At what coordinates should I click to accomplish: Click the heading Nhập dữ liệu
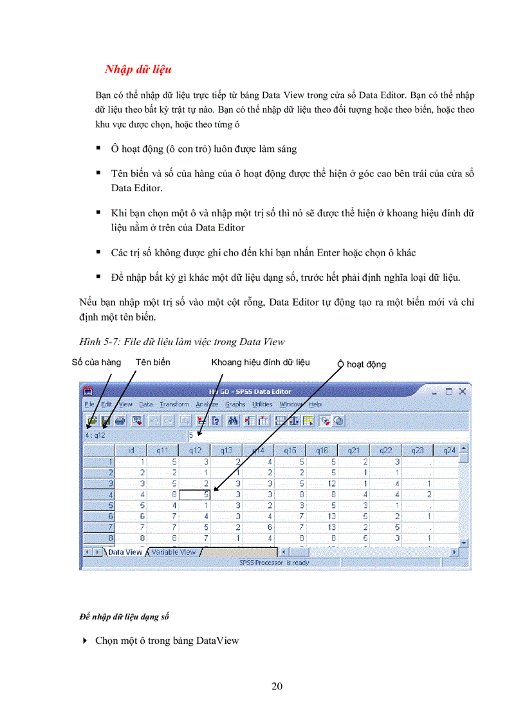pyautogui.click(x=138, y=69)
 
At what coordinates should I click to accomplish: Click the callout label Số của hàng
pyautogui.click(x=96, y=362)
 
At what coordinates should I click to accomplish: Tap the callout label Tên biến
pyautogui.click(x=152, y=362)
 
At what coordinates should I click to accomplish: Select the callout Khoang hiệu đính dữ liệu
pyautogui.click(x=260, y=362)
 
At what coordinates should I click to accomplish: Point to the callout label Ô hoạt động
pyautogui.click(x=362, y=364)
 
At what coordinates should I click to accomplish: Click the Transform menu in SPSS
pyautogui.click(x=174, y=404)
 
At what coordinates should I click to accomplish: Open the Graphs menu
pyautogui.click(x=235, y=404)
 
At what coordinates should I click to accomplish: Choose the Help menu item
pyautogui.click(x=315, y=404)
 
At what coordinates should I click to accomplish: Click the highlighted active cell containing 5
pyautogui.click(x=195, y=494)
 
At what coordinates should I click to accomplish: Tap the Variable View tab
pyautogui.click(x=173, y=552)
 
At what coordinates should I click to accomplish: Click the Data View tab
pyautogui.click(x=124, y=552)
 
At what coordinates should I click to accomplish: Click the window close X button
pyautogui.click(x=462, y=391)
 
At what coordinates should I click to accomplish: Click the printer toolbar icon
pyautogui.click(x=120, y=420)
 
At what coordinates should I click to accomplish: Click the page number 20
pyautogui.click(x=277, y=686)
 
